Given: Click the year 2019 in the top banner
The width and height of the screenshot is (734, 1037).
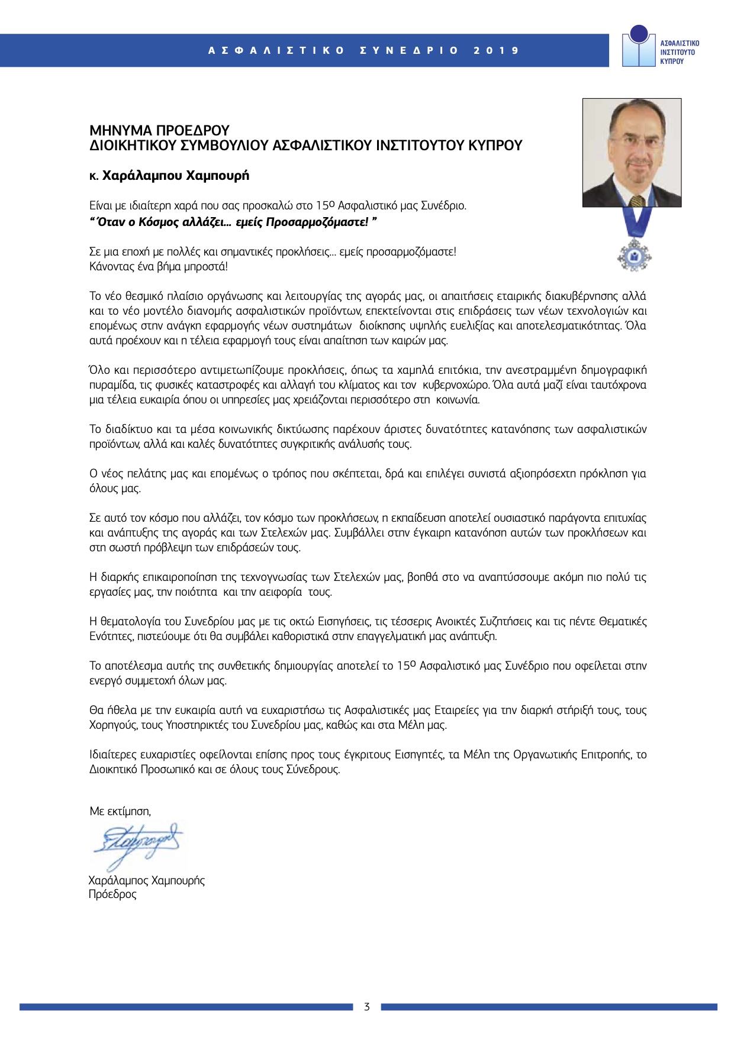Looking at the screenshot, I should coord(496,51).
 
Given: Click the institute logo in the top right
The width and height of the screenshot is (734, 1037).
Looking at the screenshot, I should coord(660,47).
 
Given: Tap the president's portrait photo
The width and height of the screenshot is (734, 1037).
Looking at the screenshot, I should coord(632,153).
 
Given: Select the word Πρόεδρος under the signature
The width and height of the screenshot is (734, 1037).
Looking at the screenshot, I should coord(112,894).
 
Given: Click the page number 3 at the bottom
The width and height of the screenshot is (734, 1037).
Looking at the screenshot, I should coord(367,1007).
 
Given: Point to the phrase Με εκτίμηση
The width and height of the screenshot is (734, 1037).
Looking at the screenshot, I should coord(120,811).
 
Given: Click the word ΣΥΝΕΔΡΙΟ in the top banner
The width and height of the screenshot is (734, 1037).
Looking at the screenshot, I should coord(409,51).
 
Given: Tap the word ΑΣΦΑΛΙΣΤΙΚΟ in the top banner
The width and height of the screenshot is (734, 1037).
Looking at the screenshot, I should coord(276,51).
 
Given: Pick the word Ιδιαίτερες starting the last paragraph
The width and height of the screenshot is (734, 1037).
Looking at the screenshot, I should coord(113,755).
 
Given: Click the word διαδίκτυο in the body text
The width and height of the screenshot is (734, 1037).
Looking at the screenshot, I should coord(131,429).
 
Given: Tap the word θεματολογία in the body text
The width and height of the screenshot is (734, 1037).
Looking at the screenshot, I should coord(131,622).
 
